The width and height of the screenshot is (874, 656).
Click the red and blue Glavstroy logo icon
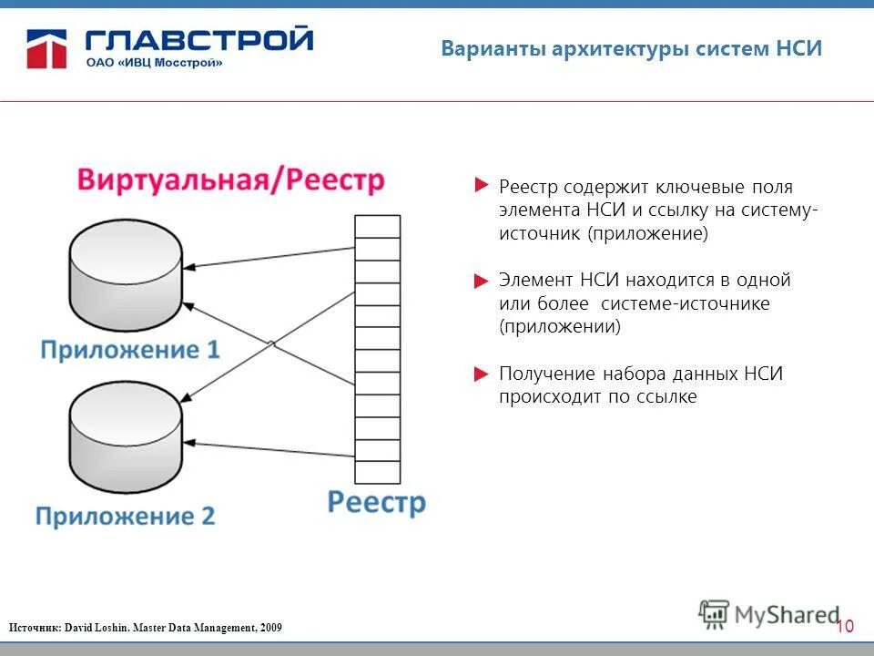[48, 48]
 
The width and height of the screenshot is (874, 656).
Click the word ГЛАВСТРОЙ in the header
[199, 40]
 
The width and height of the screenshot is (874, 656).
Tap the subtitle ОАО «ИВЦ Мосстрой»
[154, 63]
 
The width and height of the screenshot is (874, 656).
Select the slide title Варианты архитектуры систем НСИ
[631, 49]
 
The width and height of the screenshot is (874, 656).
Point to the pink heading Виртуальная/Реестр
[230, 179]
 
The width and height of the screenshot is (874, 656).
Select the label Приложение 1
[130, 351]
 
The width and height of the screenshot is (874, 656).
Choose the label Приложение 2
[126, 517]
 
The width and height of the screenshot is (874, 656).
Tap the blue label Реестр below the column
[376, 502]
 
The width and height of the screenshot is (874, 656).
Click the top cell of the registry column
[377, 226]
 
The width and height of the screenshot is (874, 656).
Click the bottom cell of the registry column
[377, 472]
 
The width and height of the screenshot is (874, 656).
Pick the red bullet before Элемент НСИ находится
[482, 281]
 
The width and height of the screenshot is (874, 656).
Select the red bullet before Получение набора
[482, 374]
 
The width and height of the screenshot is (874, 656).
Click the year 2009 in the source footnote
[270, 628]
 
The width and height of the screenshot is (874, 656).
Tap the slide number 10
[845, 626]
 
